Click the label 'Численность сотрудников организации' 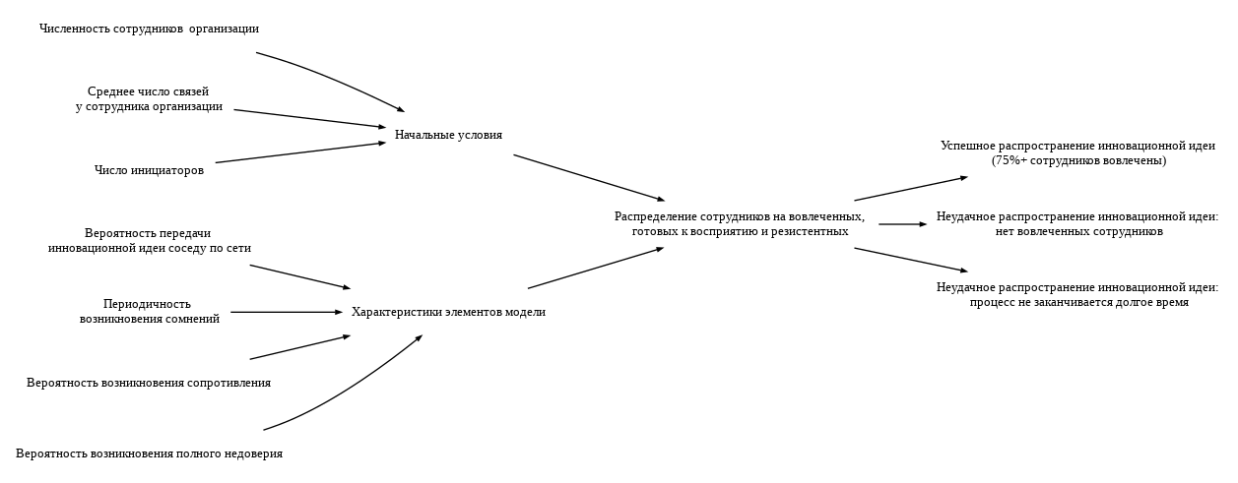(149, 30)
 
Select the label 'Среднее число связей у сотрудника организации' (149, 99)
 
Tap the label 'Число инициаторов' (149, 171)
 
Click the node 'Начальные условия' (448, 136)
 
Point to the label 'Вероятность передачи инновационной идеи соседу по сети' (149, 241)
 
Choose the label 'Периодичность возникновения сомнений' (149, 312)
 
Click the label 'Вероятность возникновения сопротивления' (149, 384)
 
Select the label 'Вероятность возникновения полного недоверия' (149, 454)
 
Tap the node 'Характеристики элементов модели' (448, 313)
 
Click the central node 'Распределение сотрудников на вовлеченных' (740, 224)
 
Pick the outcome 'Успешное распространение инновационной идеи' (1077, 153)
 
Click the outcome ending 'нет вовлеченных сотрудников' (1077, 224)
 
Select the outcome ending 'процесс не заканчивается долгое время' (1077, 295)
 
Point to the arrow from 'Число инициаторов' (300, 152)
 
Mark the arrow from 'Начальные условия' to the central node (589, 178)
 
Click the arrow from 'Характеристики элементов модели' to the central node (596, 268)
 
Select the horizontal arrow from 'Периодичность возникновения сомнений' (286, 312)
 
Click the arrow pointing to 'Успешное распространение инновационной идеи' (911, 189)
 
